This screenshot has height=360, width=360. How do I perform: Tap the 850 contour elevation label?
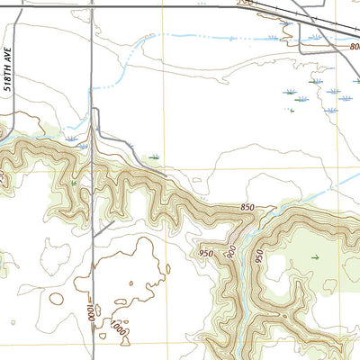(248, 209)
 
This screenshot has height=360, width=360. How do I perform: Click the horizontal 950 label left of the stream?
(206, 254)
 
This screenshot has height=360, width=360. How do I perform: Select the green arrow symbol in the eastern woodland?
(315, 258)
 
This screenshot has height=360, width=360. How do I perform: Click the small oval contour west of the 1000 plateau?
(57, 298)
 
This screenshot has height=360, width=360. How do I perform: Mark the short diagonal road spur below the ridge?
(102, 229)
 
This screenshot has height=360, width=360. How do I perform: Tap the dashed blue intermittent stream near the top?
(207, 38)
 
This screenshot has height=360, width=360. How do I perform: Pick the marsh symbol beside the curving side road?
(155, 157)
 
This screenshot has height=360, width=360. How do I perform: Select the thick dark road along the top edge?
(135, 6)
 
